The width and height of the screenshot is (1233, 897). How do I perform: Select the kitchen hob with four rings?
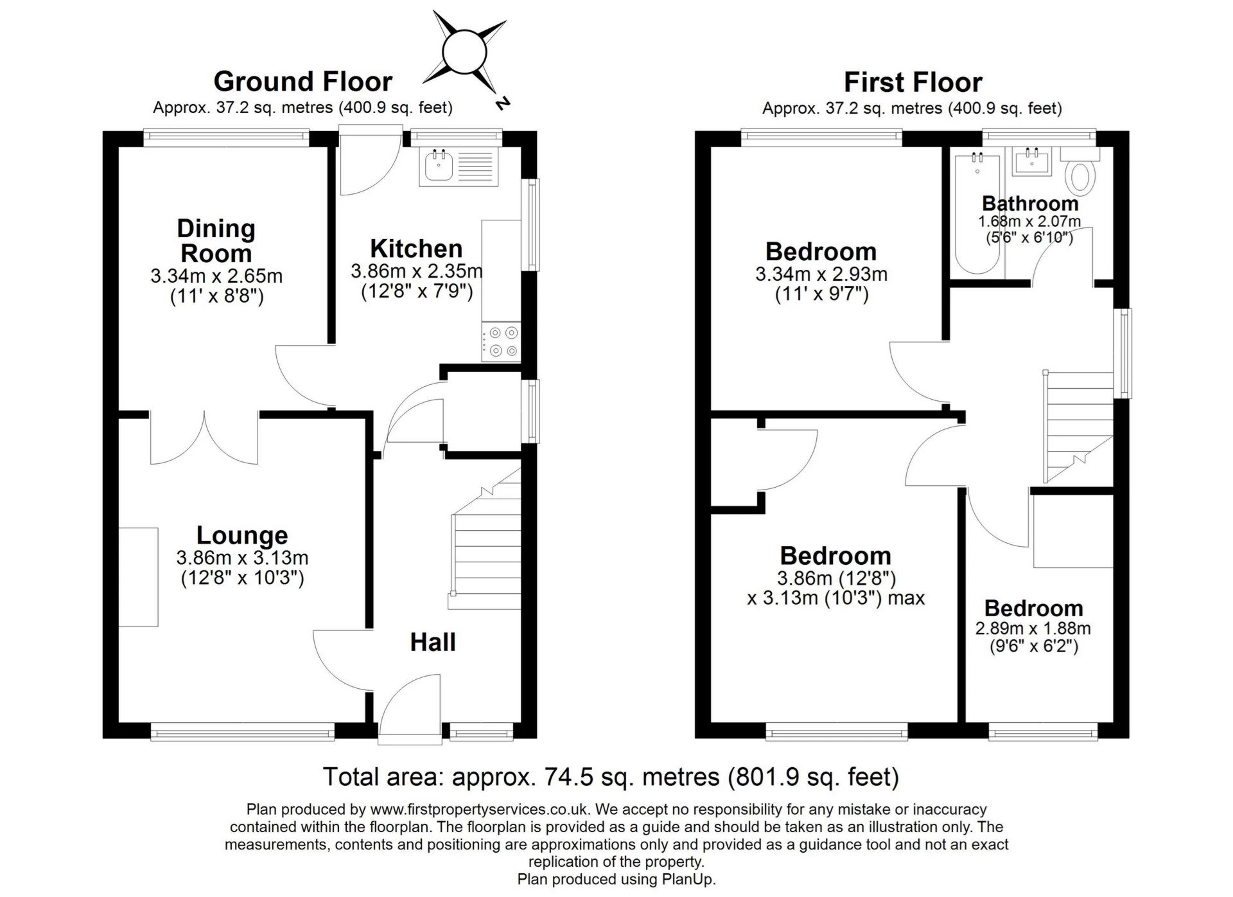(x=502, y=342)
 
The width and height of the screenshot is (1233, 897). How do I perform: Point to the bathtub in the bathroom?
(x=977, y=215)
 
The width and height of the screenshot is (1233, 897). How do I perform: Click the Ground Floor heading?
(x=302, y=82)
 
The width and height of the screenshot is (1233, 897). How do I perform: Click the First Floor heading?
(x=912, y=82)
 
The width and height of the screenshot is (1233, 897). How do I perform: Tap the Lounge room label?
(x=242, y=535)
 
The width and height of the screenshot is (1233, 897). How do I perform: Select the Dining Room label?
(x=216, y=241)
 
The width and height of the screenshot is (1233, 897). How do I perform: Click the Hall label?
(x=433, y=642)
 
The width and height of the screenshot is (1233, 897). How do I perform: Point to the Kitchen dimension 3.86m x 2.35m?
(x=416, y=271)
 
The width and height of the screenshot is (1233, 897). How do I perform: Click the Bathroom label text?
(x=1029, y=204)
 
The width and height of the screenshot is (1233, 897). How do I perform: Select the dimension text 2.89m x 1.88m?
(x=1033, y=628)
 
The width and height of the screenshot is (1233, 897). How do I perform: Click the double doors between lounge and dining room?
(x=204, y=437)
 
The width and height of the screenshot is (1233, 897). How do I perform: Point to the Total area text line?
(x=610, y=777)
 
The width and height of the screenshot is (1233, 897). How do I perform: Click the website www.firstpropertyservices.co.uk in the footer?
(x=479, y=810)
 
